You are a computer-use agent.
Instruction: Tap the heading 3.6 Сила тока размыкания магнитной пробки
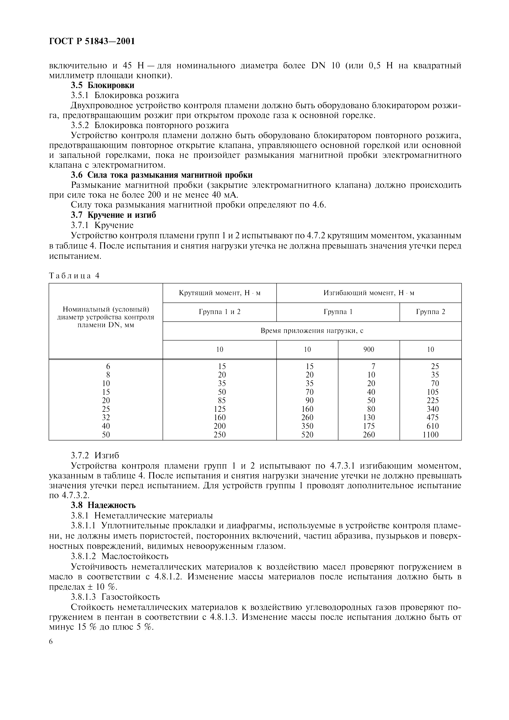coord(162,175)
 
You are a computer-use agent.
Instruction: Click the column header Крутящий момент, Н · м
coord(219,293)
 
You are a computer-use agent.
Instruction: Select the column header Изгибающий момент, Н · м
coord(369,293)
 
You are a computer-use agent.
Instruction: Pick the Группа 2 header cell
coord(430,312)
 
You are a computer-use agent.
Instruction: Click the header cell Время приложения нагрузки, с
coord(312,330)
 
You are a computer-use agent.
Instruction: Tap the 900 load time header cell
coord(369,349)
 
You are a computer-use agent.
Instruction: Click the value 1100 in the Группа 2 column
coord(430,435)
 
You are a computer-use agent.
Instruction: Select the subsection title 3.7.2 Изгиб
coord(95,455)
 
